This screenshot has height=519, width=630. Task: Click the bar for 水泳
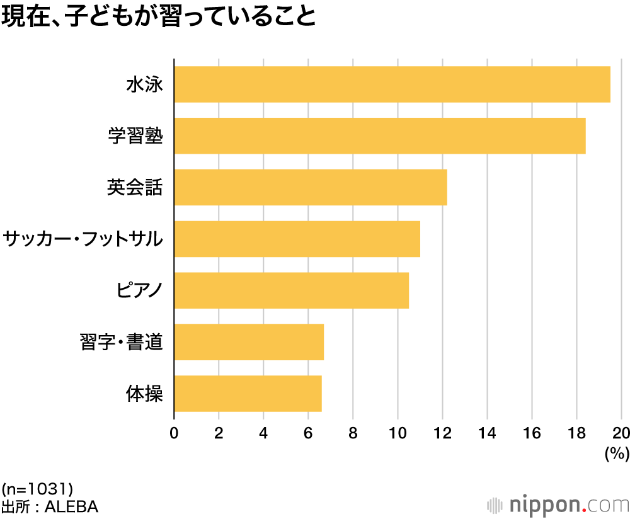tap(392, 84)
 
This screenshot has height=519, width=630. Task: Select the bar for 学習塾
tap(380, 135)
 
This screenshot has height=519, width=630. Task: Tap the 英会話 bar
tap(311, 187)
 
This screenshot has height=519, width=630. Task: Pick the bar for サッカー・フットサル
tap(297, 239)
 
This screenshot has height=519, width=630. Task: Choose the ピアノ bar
tap(291, 290)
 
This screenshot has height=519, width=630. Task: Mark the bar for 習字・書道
tap(249, 342)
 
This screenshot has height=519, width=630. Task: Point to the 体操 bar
tap(248, 394)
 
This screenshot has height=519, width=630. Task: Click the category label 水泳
tap(145, 84)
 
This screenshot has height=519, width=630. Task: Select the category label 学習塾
tap(135, 135)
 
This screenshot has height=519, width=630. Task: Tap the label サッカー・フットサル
tap(83, 239)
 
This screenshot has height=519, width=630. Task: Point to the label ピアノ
tap(140, 291)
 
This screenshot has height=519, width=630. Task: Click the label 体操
tap(145, 394)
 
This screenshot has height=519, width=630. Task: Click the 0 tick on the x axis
tap(174, 433)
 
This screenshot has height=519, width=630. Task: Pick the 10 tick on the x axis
tap(398, 433)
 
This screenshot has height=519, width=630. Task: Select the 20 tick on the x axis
tap(621, 433)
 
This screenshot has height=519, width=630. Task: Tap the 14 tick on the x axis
tap(487, 433)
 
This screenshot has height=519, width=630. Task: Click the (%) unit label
tap(617, 453)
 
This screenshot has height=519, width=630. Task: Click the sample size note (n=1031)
tap(38, 488)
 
